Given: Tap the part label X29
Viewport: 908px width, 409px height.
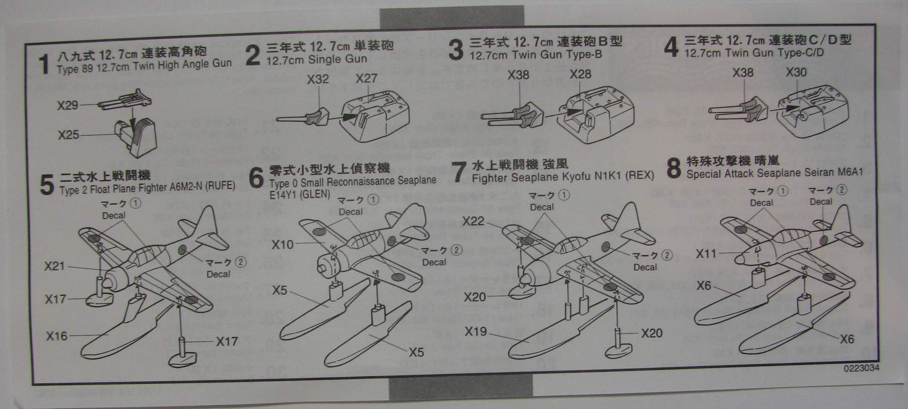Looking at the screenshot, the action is tap(68, 105).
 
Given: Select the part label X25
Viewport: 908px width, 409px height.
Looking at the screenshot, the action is tap(68, 135).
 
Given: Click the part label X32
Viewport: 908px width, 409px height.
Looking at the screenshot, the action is tap(318, 79).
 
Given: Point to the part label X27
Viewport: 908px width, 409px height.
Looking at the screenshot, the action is tap(367, 78).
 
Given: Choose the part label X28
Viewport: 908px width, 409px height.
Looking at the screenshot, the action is tap(580, 74).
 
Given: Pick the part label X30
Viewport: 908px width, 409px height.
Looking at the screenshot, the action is tap(796, 73).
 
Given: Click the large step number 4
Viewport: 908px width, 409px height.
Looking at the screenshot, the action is tap(671, 47).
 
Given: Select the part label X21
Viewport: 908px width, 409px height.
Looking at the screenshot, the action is tap(54, 266).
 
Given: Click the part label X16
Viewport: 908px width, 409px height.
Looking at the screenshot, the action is tap(56, 336).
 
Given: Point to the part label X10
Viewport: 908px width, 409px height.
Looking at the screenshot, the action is tap(282, 245).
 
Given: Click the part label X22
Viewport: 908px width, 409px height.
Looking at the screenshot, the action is tap(473, 221).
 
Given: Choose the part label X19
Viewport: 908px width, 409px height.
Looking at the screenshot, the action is tap(476, 331).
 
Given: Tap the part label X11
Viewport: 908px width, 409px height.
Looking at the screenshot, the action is tap(706, 253).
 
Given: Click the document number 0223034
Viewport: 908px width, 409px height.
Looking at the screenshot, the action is tap(861, 368).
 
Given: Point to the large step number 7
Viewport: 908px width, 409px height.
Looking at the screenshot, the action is tap(458, 172).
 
